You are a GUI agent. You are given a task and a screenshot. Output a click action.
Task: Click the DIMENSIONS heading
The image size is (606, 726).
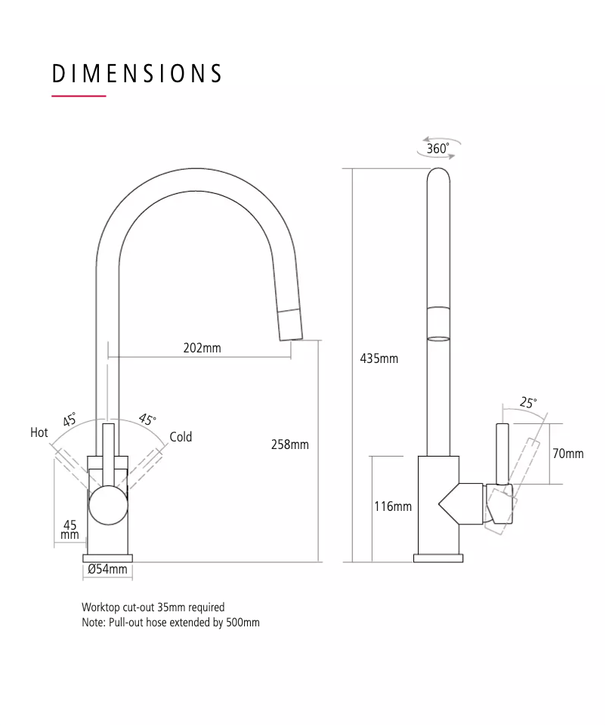pos(138,73)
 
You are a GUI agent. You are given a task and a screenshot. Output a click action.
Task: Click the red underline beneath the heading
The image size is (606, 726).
pos(79,97)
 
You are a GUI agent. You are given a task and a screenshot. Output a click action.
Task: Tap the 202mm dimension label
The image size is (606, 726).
pos(202,348)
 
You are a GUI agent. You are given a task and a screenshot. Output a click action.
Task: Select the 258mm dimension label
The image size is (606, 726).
pos(289,445)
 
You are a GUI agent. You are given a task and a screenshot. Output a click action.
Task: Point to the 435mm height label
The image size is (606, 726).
pos(379,358)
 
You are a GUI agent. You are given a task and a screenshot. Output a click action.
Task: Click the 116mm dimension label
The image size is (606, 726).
pos(393,506)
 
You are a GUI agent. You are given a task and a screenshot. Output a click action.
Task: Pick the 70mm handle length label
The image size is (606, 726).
pos(567,454)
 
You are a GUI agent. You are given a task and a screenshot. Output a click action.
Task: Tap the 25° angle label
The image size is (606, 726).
pos(527,403)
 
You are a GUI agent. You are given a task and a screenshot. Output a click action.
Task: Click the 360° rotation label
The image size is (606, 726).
pos(437,149)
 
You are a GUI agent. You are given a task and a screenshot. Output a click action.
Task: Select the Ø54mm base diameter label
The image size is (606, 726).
pos(107,569)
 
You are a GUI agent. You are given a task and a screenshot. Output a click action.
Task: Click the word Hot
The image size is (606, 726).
pos(39,432)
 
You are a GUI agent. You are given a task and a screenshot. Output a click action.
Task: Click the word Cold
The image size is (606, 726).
pos(181,437)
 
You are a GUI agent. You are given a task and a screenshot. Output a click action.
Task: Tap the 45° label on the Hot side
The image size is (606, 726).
pos(70,420)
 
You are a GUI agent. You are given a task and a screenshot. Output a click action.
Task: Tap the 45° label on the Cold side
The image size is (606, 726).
pos(147,420)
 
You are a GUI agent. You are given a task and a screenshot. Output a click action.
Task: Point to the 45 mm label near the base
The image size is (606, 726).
pos(70,530)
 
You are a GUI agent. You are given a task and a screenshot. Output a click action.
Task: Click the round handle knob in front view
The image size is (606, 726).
pos(108,506)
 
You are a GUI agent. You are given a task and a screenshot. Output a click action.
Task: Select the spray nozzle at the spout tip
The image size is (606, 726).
pos(292,326)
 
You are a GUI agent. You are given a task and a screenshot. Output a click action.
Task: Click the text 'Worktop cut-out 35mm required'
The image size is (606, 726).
pos(153,607)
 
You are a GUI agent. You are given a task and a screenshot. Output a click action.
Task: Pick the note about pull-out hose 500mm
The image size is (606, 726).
pos(170,623)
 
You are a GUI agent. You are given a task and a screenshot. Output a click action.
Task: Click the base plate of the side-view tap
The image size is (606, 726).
pos(438,558)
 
